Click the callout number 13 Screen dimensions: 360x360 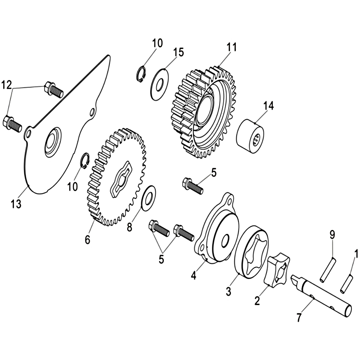(x=16, y=204)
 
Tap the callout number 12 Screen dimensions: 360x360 (x=6, y=85)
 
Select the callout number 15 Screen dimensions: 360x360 (x=178, y=52)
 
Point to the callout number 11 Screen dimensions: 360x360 (x=231, y=47)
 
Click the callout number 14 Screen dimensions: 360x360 (x=269, y=106)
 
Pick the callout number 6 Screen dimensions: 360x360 (x=87, y=240)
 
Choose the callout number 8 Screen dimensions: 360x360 (x=130, y=227)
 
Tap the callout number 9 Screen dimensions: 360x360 (x=332, y=234)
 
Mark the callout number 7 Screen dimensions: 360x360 (x=298, y=318)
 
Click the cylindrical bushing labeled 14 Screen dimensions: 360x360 (x=250, y=136)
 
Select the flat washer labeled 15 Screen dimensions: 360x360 (x=160, y=85)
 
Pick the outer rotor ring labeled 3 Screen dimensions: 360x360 (x=252, y=252)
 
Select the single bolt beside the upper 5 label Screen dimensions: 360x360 (x=193, y=186)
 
